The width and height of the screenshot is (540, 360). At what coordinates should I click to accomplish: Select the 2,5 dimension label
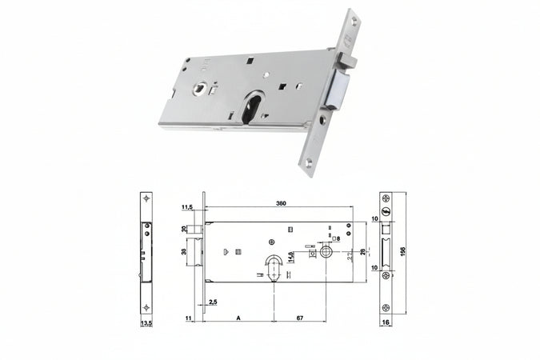point(214,302)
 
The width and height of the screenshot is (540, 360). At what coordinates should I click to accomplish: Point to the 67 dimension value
point(298,318)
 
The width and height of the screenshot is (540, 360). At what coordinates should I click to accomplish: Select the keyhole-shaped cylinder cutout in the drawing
point(273,264)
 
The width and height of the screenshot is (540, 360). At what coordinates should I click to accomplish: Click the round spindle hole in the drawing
point(326,251)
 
